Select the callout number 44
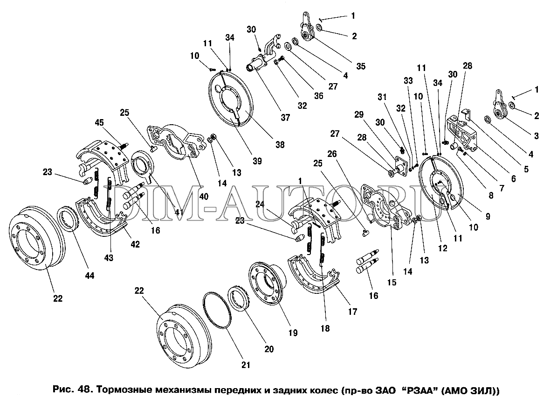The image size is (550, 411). coord(89,276)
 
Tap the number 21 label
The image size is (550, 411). coord(245,365)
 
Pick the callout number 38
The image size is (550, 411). coord(280,145)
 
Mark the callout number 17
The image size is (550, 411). coord(352,311)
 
